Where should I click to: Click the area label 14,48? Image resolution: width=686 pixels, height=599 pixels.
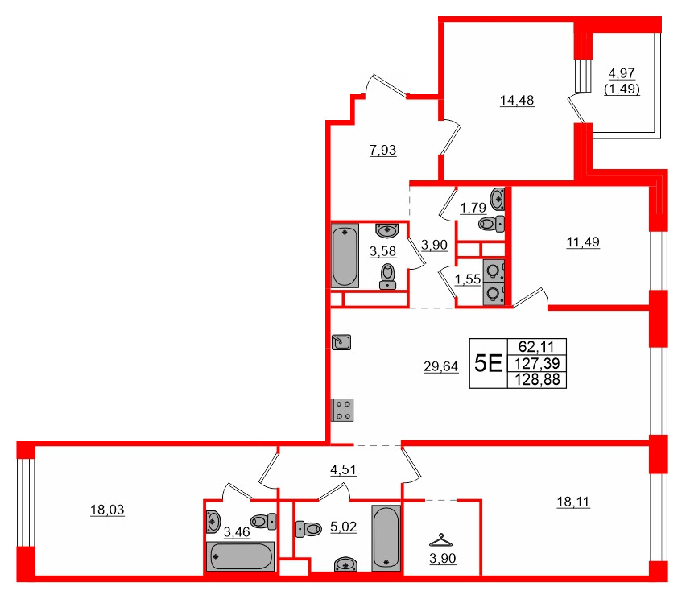click(x=517, y=101)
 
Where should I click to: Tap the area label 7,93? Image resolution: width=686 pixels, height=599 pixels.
click(x=382, y=149)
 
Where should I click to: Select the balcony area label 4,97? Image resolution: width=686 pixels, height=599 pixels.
click(x=622, y=75)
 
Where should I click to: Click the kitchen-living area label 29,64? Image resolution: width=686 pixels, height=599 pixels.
click(x=440, y=367)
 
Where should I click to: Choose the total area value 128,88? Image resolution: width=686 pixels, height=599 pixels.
click(x=537, y=378)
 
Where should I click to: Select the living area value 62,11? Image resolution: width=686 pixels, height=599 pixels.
click(x=537, y=346)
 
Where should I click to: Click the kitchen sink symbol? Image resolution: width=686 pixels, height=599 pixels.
click(x=341, y=343)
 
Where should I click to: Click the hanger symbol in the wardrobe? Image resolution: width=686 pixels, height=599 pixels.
click(x=440, y=540)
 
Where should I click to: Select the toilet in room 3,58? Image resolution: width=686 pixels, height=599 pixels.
click(x=389, y=275)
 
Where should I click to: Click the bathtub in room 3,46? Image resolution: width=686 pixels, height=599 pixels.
click(x=241, y=556)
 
